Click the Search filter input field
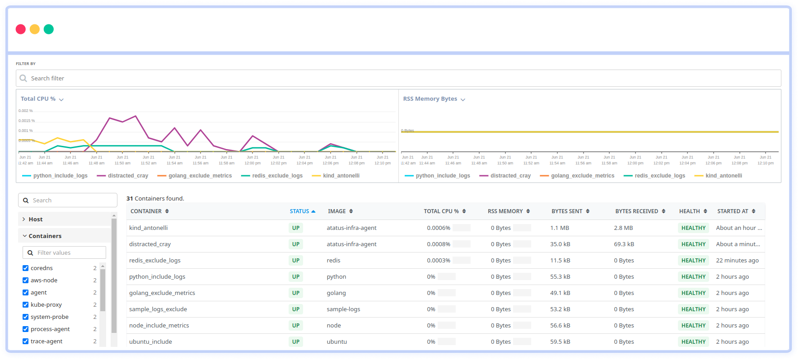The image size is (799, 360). pyautogui.click(x=397, y=78)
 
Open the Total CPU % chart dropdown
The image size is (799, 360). pyautogui.click(x=61, y=99)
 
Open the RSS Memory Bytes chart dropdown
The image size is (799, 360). pyautogui.click(x=463, y=99)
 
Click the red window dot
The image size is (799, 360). pyautogui.click(x=21, y=29)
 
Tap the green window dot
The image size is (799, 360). pyautogui.click(x=49, y=29)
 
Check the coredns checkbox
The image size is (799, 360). pyautogui.click(x=26, y=268)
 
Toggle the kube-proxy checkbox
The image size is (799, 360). pyautogui.click(x=26, y=305)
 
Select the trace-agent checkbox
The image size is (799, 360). pyautogui.click(x=26, y=341)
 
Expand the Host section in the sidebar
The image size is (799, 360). pyautogui.click(x=35, y=220)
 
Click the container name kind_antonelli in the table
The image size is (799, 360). pyautogui.click(x=149, y=228)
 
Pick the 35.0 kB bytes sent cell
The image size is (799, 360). pyautogui.click(x=560, y=244)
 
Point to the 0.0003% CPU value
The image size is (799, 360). pyautogui.click(x=439, y=261)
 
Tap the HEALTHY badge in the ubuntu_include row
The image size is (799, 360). pyautogui.click(x=693, y=342)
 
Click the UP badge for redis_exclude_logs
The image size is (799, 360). pyautogui.click(x=296, y=261)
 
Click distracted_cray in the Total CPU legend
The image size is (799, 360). pyautogui.click(x=128, y=176)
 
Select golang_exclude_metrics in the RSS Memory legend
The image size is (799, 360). pyautogui.click(x=582, y=176)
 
